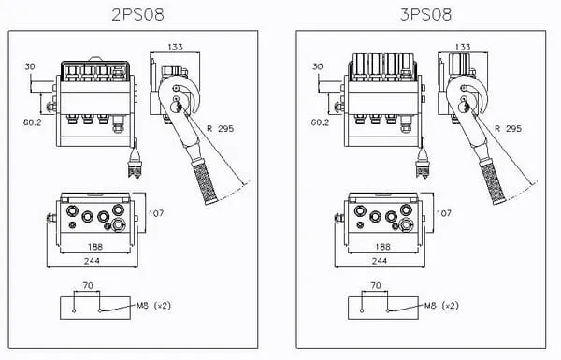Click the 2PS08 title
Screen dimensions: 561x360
point(137,15)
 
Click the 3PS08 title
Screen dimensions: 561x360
point(425,15)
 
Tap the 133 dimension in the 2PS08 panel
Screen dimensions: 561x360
point(176,47)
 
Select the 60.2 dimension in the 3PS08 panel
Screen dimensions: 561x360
point(320,122)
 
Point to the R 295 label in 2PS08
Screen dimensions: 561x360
point(221,128)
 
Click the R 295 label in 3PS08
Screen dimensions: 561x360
point(508,128)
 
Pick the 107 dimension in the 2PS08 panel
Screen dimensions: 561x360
point(156,213)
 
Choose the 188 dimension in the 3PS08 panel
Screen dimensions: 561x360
point(382,247)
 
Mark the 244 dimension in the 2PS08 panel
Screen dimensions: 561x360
point(92,261)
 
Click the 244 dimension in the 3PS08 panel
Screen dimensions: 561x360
point(380,261)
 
